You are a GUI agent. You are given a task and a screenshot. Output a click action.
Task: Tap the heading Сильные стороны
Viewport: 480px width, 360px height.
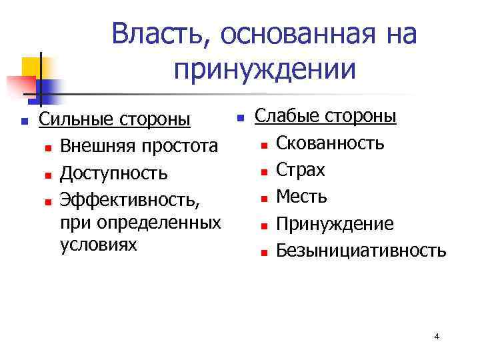(x=115, y=120)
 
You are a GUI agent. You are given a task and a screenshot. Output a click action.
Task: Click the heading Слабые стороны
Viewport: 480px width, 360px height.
(x=326, y=116)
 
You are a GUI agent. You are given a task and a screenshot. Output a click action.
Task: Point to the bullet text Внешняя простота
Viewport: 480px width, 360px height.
(x=138, y=147)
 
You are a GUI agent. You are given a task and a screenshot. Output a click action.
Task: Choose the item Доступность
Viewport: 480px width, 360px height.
(x=113, y=173)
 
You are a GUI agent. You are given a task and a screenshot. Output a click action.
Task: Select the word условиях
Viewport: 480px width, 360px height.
(x=98, y=245)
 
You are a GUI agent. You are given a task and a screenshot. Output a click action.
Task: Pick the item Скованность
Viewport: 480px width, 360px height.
(x=330, y=143)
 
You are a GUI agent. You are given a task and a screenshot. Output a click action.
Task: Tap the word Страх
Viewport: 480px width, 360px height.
(x=301, y=170)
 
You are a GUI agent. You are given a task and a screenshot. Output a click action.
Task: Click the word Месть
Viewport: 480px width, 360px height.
(x=302, y=197)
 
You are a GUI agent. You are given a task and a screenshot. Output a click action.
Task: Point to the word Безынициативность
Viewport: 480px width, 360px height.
(x=361, y=251)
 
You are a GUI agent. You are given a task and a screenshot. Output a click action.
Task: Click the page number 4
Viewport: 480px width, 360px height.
(x=437, y=336)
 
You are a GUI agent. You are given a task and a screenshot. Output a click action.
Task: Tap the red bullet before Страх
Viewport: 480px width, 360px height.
(x=264, y=172)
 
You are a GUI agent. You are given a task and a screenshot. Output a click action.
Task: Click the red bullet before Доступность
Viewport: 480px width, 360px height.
(x=48, y=175)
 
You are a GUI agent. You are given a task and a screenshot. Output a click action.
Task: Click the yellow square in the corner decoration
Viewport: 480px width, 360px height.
(x=31, y=67)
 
